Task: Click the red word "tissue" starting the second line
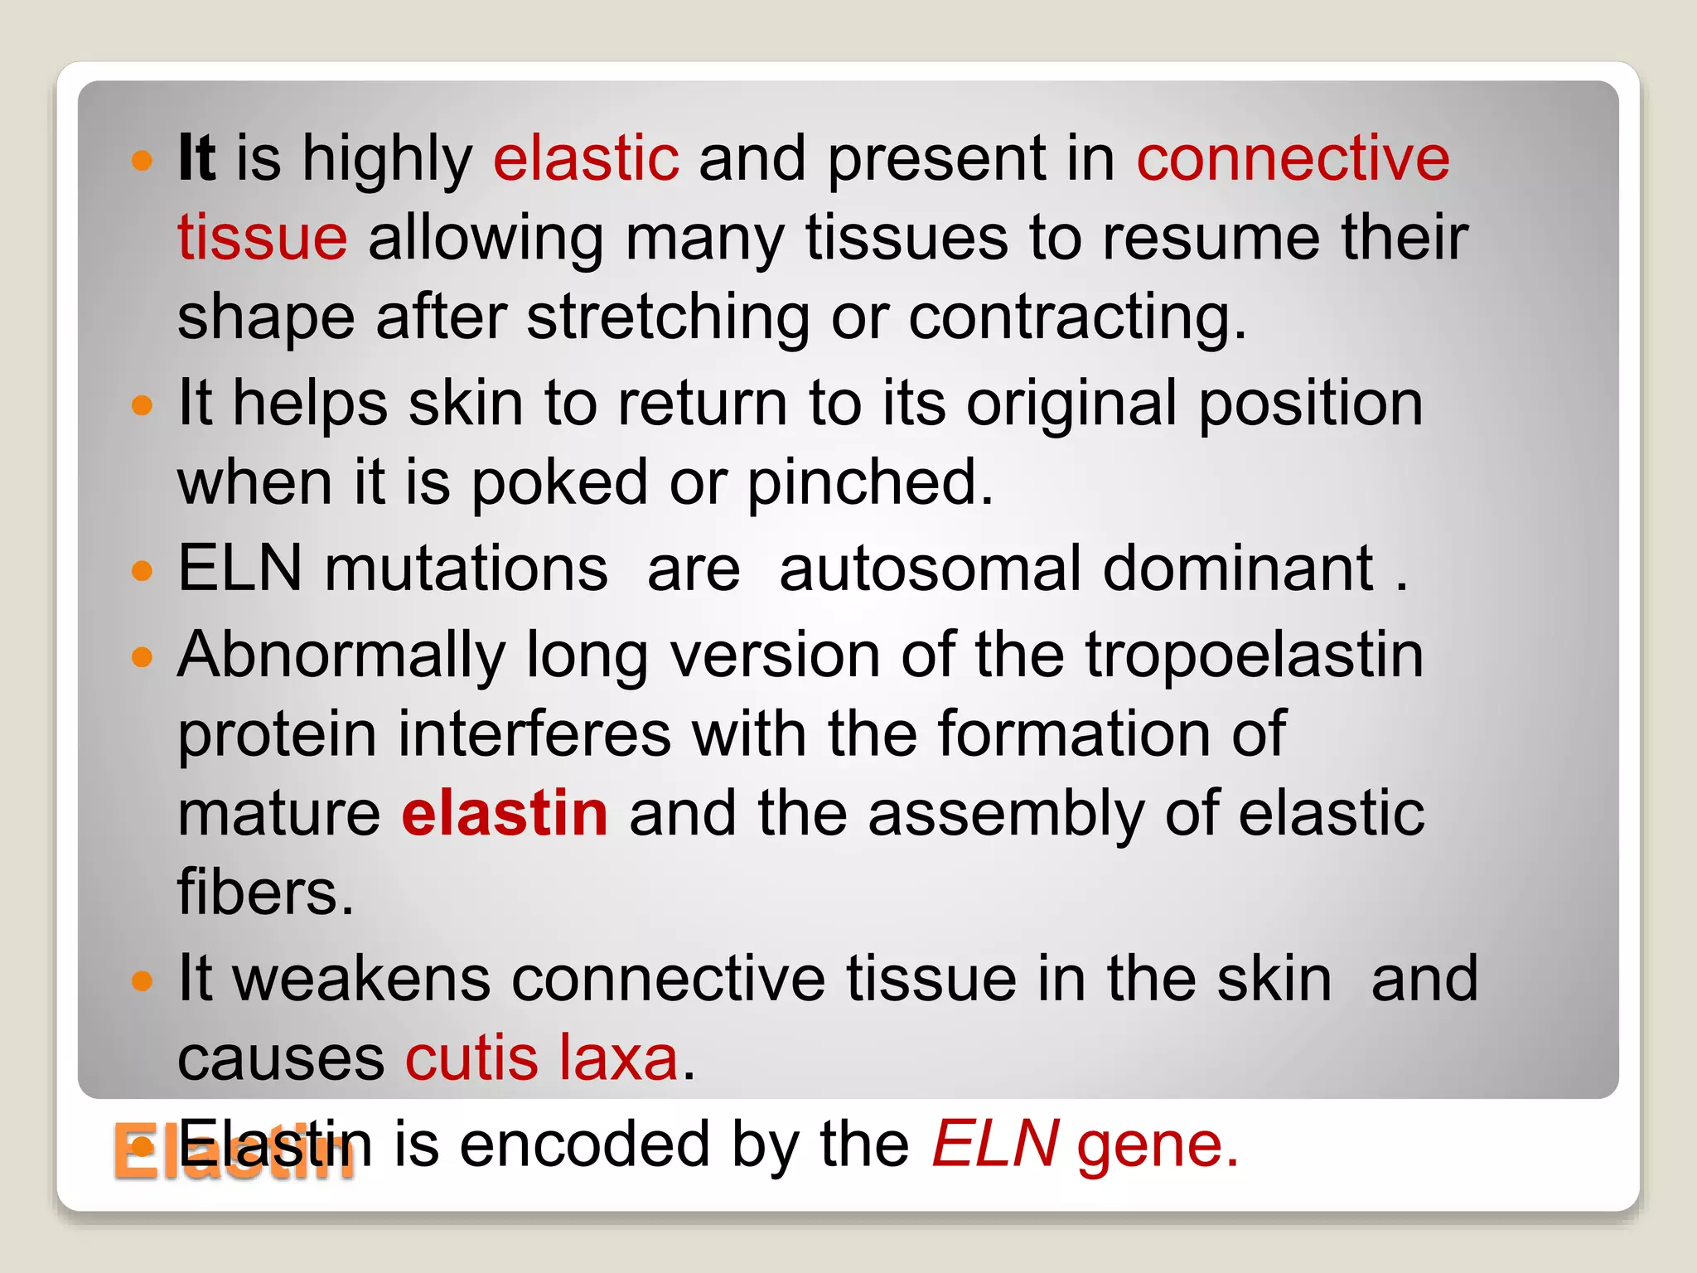pos(262,238)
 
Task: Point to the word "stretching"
pos(668,317)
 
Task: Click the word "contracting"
pos(1076,317)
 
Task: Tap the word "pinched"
pos(869,482)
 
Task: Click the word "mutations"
pos(466,569)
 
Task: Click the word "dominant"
pos(1238,569)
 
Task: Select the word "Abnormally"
pos(341,656)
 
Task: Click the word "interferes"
pos(534,734)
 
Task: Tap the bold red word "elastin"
pos(505,813)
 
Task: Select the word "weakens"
pos(361,979)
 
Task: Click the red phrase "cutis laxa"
pos(542,1058)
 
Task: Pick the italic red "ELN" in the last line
pos(994,1145)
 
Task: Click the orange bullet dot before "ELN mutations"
pos(143,571)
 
